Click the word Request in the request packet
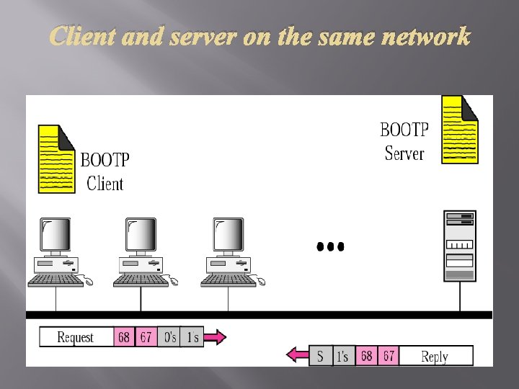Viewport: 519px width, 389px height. pos(76,337)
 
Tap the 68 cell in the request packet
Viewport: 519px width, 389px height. pos(124,337)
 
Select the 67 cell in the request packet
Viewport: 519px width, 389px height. pos(146,337)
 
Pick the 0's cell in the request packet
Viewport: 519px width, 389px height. pos(169,337)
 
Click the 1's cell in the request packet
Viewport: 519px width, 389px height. pos(192,337)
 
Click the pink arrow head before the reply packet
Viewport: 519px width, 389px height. pos(296,355)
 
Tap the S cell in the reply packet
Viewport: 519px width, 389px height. pos(321,356)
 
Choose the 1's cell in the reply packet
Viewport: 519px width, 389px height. pos(343,356)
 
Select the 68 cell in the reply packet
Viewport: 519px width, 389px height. pos(366,356)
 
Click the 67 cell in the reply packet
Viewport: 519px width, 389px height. pos(389,356)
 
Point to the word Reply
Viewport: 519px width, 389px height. pos(435,357)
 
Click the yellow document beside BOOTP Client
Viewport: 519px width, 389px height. pos(56,159)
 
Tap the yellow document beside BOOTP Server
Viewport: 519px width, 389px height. pos(459,130)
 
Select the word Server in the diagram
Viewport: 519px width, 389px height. pos(404,153)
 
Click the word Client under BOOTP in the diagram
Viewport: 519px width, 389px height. pos(105,184)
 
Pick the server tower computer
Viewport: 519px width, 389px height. pos(459,246)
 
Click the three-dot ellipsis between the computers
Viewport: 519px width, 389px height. pos(331,246)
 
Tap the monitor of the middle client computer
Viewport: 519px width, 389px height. pos(141,236)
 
